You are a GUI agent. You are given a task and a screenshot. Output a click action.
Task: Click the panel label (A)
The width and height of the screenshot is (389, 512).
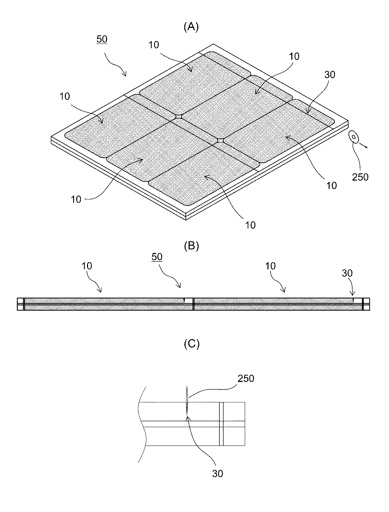191,27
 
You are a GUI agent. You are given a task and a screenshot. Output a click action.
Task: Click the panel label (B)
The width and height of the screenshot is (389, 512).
191,246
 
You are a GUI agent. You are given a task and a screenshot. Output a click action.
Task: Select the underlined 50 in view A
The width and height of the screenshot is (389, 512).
102,39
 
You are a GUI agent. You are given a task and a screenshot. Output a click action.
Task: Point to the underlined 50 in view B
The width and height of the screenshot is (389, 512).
157,257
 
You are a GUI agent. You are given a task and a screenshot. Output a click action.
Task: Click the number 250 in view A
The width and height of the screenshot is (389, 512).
360,177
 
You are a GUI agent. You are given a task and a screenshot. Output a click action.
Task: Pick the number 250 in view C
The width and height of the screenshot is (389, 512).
245,379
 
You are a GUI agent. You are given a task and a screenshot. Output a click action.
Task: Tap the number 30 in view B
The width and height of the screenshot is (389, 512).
347,273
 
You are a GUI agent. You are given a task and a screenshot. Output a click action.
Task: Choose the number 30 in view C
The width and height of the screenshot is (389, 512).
218,473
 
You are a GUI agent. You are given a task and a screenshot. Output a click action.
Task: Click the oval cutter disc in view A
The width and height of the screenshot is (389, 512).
354,137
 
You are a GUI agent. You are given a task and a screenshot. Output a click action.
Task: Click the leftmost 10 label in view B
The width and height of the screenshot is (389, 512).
87,266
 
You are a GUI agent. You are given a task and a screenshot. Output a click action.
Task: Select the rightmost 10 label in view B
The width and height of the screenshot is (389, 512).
271,266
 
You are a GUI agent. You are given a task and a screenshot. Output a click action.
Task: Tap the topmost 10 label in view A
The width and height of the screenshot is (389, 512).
154,45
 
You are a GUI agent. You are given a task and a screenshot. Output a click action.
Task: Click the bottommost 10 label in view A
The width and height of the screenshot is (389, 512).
251,225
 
